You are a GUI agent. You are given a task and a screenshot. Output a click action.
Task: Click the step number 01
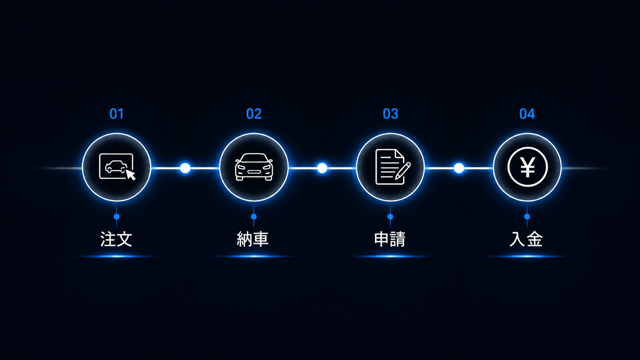(x=117, y=114)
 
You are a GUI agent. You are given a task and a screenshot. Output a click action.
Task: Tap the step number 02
(x=254, y=114)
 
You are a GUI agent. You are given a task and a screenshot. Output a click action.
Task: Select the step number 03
(x=390, y=114)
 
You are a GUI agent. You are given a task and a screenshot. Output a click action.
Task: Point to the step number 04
(x=527, y=114)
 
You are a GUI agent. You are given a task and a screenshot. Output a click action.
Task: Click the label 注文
(x=116, y=239)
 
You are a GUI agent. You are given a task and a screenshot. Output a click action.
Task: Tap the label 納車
(x=253, y=239)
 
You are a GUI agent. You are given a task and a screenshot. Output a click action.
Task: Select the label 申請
(x=390, y=239)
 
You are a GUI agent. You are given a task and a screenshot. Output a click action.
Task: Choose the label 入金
(x=526, y=239)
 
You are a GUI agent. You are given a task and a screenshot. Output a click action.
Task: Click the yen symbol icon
(x=527, y=167)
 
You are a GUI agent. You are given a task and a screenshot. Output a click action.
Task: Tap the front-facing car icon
(x=254, y=167)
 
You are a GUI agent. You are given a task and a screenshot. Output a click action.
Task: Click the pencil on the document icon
(x=403, y=171)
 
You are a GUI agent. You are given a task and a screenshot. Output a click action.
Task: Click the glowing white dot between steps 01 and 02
(x=185, y=168)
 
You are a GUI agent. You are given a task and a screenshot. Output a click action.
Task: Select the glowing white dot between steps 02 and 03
(x=322, y=168)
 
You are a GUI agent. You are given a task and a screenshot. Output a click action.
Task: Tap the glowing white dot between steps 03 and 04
(x=459, y=168)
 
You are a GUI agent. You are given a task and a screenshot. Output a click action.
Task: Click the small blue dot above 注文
(x=117, y=217)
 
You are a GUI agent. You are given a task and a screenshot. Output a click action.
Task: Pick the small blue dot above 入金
(x=527, y=217)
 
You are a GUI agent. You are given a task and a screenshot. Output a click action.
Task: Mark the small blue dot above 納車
(x=254, y=217)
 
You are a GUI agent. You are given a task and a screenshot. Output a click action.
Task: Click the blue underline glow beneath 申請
(x=390, y=256)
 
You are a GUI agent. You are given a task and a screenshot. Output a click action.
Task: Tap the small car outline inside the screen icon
(x=116, y=167)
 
